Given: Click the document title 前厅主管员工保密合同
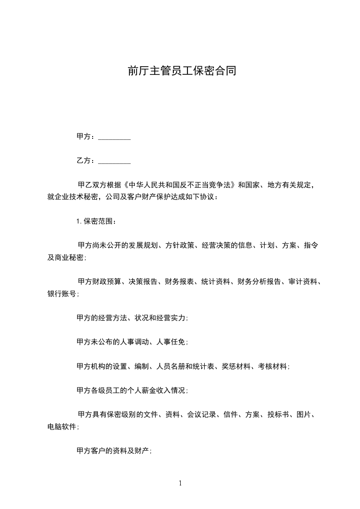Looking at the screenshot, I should (181, 71).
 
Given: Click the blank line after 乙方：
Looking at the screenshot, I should (114, 161).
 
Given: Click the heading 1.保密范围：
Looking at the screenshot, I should (96, 222).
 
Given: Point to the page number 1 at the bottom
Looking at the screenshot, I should (180, 483).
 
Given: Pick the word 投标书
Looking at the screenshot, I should (278, 415).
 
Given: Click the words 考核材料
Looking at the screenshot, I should (273, 366).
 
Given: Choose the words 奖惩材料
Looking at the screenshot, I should (236, 366).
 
